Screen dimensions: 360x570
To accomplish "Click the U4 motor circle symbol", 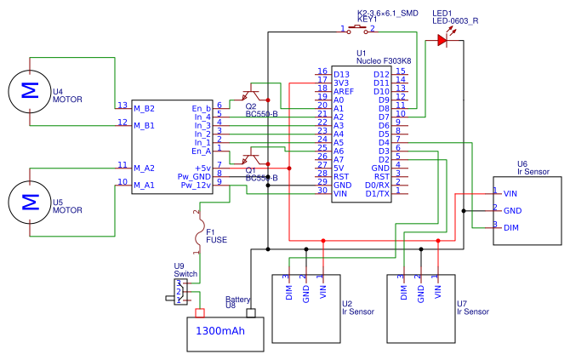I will [x=30, y=91].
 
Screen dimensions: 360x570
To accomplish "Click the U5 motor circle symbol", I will [x=30, y=202].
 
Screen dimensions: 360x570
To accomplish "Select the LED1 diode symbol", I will [x=442, y=39].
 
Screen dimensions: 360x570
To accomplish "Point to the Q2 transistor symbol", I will [x=253, y=95].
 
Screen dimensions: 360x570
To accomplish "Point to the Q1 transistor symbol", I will [x=251, y=158].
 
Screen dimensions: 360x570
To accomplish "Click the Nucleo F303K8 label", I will [x=383, y=61].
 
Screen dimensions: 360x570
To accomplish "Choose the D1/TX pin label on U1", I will [x=377, y=193].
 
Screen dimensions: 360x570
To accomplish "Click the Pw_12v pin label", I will [x=197, y=185].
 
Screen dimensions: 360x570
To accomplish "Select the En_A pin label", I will [x=202, y=151].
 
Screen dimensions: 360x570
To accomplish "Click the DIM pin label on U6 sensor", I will [x=511, y=227].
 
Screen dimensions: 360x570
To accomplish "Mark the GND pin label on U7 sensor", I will [x=420, y=293].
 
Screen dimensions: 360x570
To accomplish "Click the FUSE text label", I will [x=216, y=240].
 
